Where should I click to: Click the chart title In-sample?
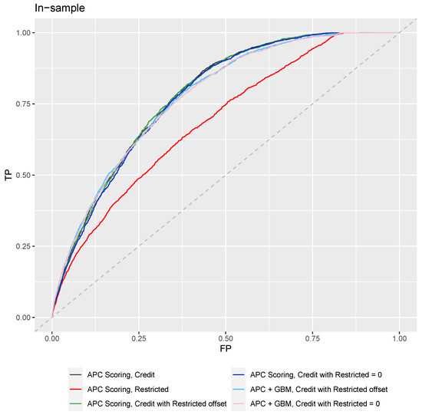(60, 8)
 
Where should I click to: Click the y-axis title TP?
(8, 175)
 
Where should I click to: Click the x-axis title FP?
(226, 349)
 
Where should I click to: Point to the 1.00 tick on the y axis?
(23, 33)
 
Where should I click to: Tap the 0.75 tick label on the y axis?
(23, 104)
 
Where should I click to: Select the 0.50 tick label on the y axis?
(23, 175)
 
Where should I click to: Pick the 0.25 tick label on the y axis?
(23, 246)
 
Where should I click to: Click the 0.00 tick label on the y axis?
(23, 318)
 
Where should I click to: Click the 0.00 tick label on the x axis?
(52, 338)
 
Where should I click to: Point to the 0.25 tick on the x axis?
(139, 338)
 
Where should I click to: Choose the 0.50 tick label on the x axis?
(226, 338)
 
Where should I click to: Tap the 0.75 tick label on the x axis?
(312, 338)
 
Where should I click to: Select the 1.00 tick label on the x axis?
(400, 338)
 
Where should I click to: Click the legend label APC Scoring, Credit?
(120, 375)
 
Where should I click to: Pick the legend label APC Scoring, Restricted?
(128, 390)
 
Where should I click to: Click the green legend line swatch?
(75, 404)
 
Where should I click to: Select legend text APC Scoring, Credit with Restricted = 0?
(316, 375)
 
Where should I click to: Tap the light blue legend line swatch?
(239, 390)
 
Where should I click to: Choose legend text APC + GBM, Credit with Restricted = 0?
(315, 404)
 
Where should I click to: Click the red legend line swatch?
(75, 390)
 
